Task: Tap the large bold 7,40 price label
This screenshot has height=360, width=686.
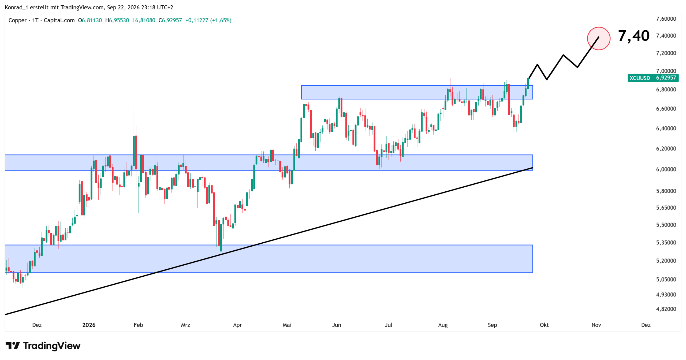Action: click(x=633, y=36)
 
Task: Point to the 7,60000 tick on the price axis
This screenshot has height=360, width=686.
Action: click(x=666, y=19)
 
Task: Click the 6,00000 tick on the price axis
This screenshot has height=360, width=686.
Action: click(x=666, y=169)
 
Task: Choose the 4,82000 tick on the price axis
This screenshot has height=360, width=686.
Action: click(x=666, y=309)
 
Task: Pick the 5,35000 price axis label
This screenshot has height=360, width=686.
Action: click(x=666, y=243)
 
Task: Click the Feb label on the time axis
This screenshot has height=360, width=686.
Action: click(x=138, y=325)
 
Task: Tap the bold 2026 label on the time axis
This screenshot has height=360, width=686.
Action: click(x=89, y=325)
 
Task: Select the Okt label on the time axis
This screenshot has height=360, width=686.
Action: click(x=544, y=325)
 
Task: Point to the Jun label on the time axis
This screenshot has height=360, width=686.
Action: click(x=337, y=325)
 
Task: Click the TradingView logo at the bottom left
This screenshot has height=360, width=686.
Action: click(x=43, y=346)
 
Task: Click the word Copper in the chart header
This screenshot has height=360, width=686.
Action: click(x=17, y=20)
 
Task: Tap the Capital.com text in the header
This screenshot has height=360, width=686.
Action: click(x=59, y=20)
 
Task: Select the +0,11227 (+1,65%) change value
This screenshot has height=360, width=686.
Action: click(x=208, y=20)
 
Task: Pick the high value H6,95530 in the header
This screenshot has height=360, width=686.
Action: click(x=117, y=20)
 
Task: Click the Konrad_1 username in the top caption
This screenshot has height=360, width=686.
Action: click(x=16, y=8)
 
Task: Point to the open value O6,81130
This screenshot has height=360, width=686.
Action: click(x=90, y=20)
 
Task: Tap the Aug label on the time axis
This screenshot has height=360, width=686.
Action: click(x=443, y=325)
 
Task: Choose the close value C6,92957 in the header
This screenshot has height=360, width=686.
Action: click(x=170, y=20)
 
